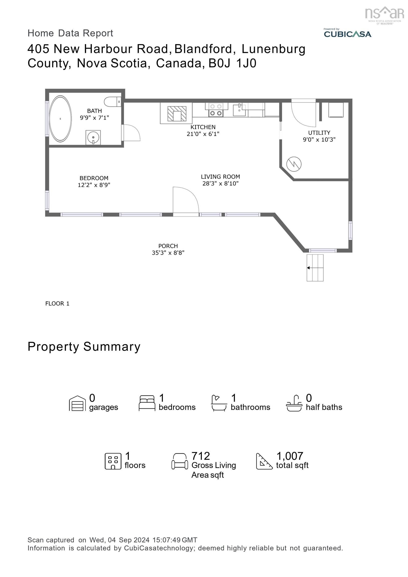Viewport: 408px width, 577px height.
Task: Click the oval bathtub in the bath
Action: click(x=60, y=119)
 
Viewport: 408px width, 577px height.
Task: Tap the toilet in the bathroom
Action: click(x=112, y=102)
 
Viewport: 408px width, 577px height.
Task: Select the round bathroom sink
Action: click(x=93, y=137)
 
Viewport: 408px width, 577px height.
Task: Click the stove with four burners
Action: click(x=216, y=110)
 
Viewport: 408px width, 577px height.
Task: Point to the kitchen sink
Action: click(x=239, y=110)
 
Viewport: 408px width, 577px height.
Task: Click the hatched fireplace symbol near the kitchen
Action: click(x=177, y=114)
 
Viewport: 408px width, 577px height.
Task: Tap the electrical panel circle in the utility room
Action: click(x=294, y=164)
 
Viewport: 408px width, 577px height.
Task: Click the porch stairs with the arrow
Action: click(x=315, y=268)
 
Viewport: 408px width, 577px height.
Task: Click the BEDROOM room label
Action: click(x=94, y=178)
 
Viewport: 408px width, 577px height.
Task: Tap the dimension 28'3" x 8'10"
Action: click(x=220, y=184)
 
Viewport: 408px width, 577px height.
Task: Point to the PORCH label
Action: click(x=168, y=246)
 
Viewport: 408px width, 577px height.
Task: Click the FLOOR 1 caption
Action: click(x=57, y=304)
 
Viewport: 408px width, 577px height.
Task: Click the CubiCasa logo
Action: click(x=347, y=34)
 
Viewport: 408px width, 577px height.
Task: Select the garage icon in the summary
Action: click(x=77, y=404)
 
